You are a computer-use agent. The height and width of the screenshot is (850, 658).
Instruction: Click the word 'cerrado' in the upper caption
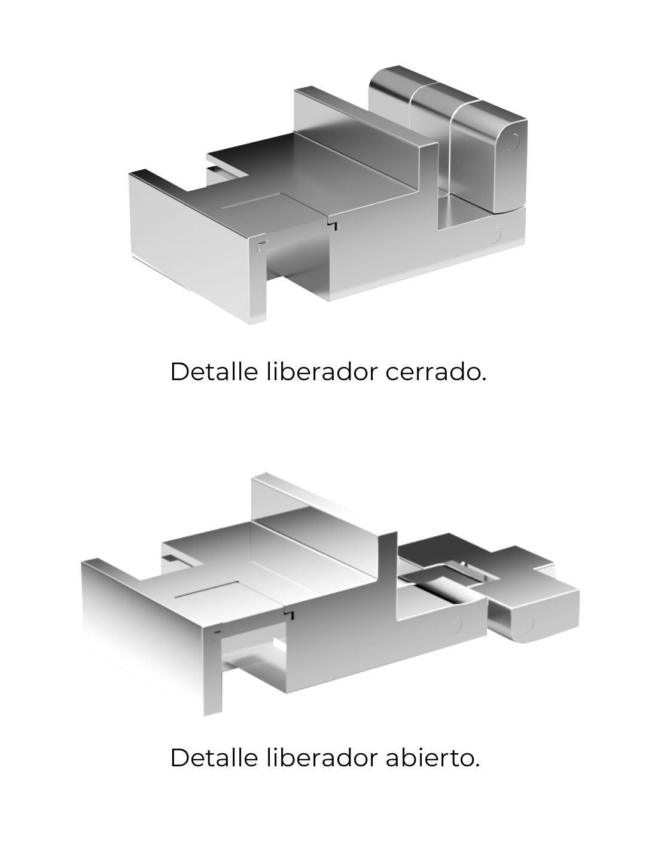[435, 371]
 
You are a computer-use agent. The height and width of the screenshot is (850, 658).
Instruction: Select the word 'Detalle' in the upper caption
[214, 371]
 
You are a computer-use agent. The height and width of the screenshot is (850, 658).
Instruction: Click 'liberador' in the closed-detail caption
[322, 371]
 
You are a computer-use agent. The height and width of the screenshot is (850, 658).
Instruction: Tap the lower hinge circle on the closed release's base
[494, 234]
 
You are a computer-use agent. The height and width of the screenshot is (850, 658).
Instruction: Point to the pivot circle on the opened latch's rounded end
[527, 623]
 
